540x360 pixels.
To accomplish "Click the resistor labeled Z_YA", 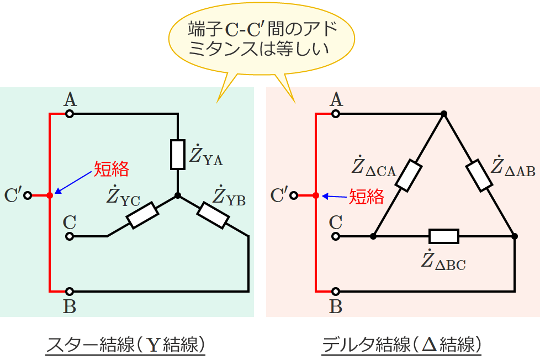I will click(x=177, y=154).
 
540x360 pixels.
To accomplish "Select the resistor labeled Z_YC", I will click(x=143, y=215).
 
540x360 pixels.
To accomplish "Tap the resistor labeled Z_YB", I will click(x=213, y=215).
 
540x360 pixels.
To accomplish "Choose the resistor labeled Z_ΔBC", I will click(x=444, y=236).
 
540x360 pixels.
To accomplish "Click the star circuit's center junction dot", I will click(x=177, y=195).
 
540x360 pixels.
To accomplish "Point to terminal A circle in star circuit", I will click(x=70, y=114).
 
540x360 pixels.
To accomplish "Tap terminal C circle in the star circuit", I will click(x=70, y=236).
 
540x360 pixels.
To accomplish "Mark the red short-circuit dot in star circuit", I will click(x=50, y=195).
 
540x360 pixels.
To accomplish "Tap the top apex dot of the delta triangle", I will click(x=444, y=114).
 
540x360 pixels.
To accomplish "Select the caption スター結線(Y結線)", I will click(x=126, y=345).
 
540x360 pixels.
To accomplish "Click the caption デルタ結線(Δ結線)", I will click(x=401, y=345).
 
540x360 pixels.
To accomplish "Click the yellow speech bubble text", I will click(x=260, y=37).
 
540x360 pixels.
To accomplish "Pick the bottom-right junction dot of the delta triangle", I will click(x=515, y=236).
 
